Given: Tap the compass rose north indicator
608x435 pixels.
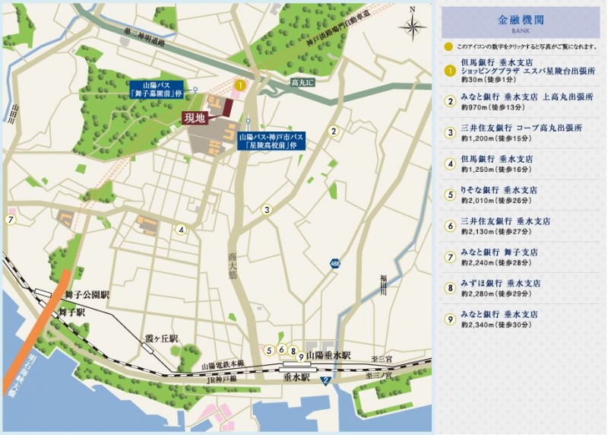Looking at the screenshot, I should click(413, 27).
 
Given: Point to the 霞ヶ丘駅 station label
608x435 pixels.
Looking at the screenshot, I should click(162, 338).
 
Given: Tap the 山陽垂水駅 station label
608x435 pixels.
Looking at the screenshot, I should click(328, 355).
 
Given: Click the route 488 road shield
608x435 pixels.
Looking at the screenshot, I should click(335, 262).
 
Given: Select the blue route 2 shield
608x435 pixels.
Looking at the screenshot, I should click(325, 380).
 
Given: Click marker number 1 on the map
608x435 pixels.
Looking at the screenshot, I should click(239, 85).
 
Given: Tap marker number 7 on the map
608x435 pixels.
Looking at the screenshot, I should click(11, 220).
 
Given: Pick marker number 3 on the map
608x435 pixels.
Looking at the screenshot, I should click(267, 210).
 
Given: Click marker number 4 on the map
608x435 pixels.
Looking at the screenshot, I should click(181, 230).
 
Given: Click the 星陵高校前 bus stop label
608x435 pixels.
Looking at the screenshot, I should click(271, 141).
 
